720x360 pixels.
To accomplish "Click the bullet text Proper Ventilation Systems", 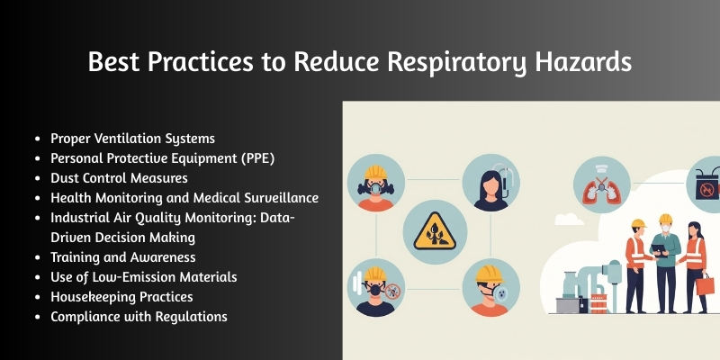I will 132,139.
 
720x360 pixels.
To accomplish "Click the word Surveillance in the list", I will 274,198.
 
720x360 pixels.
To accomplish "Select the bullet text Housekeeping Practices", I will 121,296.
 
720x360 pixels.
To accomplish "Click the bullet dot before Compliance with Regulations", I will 37,317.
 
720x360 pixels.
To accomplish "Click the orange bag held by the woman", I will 705,284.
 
